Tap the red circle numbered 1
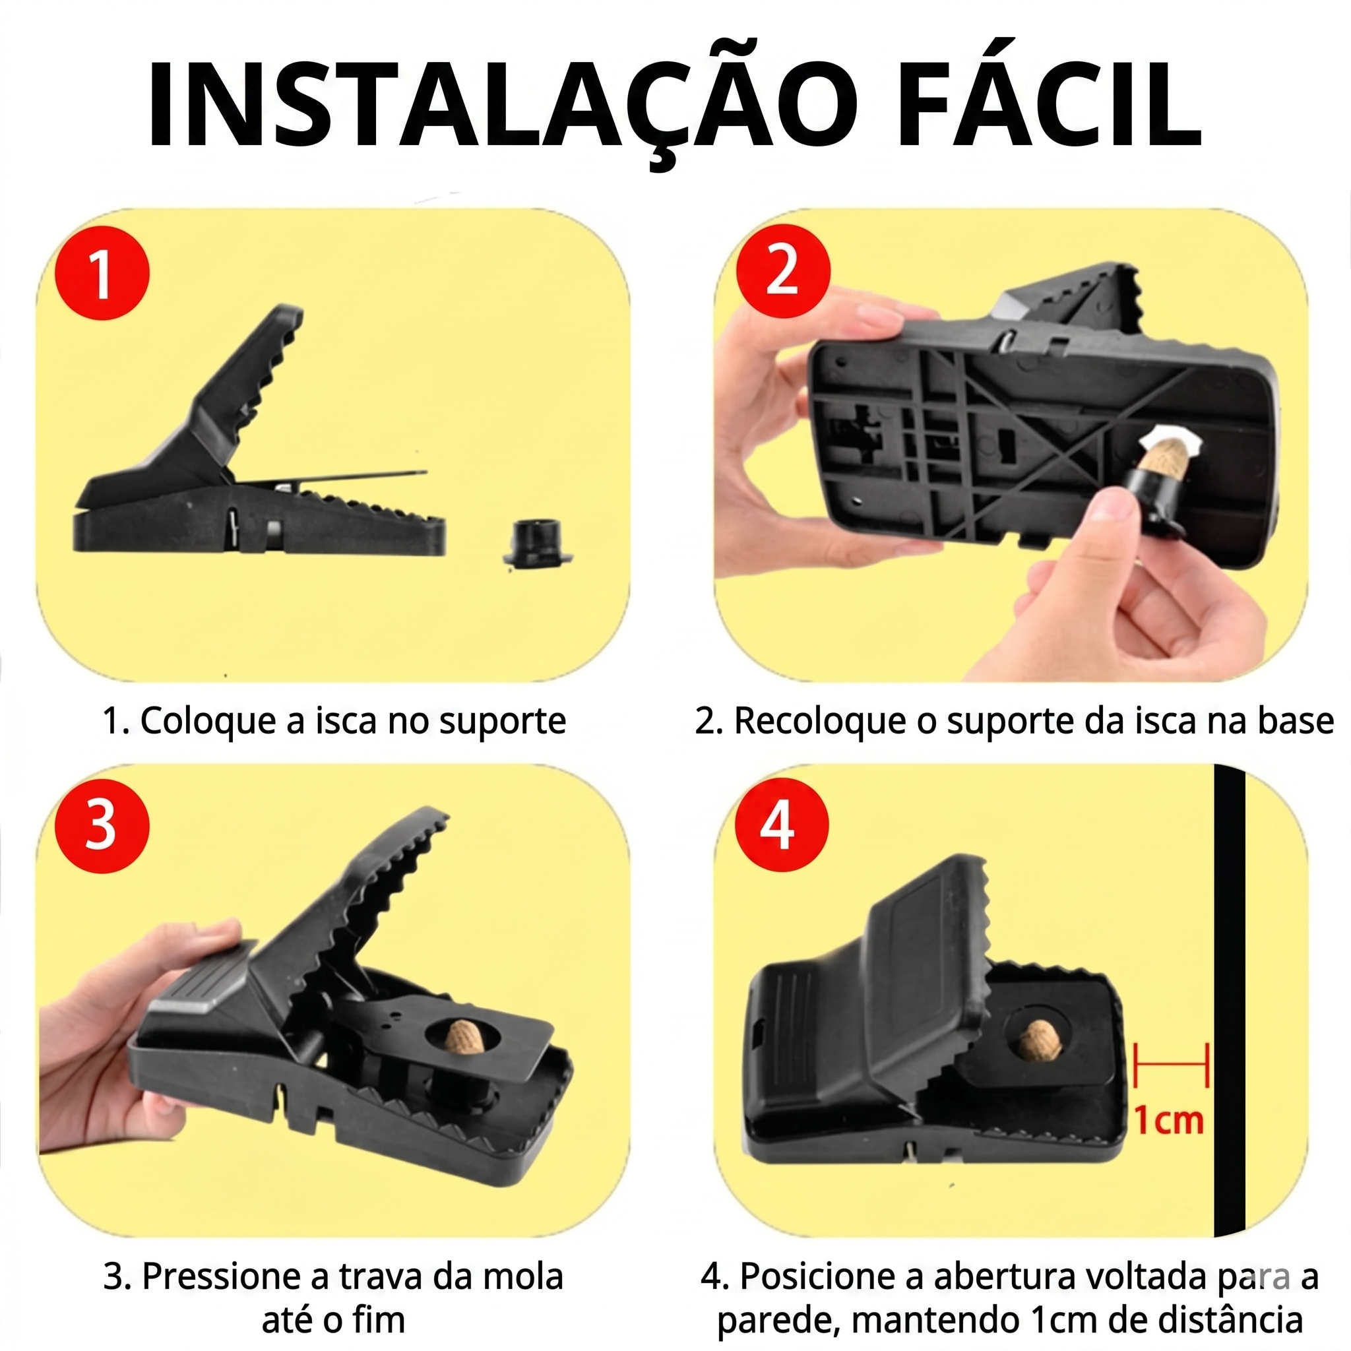point(102,272)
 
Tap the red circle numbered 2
point(783,271)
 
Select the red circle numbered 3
point(102,825)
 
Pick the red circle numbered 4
point(781,825)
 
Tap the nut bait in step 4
point(1040,1038)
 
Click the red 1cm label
point(1168,1120)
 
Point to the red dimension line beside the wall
point(1172,1065)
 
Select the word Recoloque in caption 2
point(820,722)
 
